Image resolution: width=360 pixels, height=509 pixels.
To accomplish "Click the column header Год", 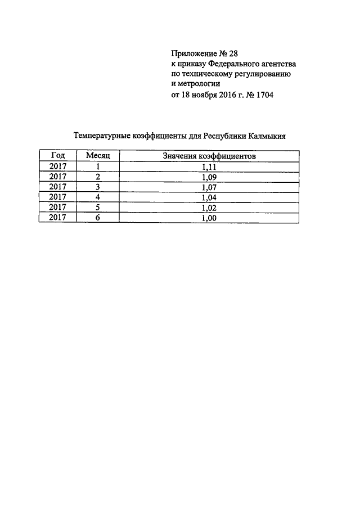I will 57,155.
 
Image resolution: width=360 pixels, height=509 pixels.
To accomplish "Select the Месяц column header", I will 97,155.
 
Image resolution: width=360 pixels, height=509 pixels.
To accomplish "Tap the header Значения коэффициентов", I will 209,155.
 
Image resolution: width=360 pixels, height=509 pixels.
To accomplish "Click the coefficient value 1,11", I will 209,166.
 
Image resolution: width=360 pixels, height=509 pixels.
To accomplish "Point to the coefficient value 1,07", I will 209,187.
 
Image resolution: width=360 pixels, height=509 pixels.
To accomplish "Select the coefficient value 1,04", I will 209,197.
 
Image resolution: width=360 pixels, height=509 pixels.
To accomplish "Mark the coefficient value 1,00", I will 209,218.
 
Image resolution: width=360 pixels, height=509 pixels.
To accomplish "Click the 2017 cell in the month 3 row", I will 57,187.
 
